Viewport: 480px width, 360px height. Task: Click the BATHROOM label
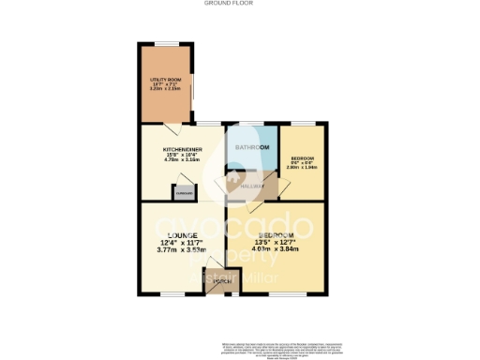[251, 148]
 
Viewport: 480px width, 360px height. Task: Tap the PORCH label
[221, 281]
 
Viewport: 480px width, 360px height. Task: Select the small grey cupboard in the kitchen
[178, 193]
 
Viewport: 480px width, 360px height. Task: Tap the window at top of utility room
[167, 42]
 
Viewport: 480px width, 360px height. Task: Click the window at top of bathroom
[251, 123]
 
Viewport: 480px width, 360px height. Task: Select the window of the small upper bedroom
[304, 123]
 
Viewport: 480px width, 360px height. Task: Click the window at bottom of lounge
[172, 293]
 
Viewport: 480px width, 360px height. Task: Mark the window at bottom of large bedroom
[283, 293]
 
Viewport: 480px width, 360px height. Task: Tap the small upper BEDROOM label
[303, 157]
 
